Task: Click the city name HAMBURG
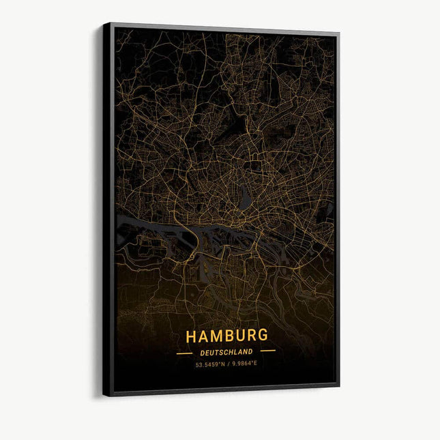[226, 336]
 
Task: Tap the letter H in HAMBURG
[191, 336]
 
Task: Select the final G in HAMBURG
[262, 336]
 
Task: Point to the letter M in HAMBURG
[216, 336]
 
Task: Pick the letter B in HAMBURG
[228, 336]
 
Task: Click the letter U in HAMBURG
[239, 336]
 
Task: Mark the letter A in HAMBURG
[203, 336]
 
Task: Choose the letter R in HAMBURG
[250, 336]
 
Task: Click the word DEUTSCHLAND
[226, 352]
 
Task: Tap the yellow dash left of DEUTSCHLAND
[184, 353]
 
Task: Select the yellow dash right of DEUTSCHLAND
[268, 351]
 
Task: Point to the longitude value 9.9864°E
[244, 363]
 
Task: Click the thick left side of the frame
[108, 205]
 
